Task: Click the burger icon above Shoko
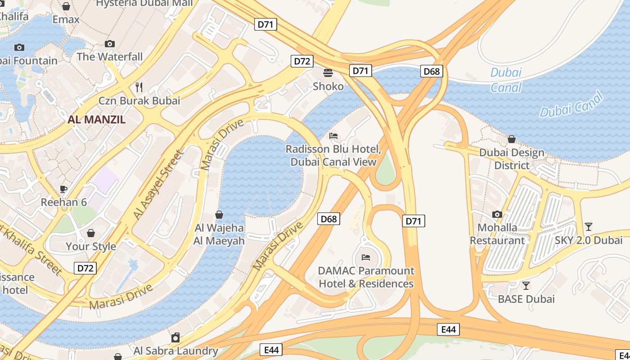pyautogui.click(x=328, y=72)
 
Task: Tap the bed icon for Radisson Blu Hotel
pyautogui.click(x=333, y=135)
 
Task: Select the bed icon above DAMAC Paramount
pyautogui.click(x=366, y=257)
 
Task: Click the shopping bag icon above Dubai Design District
pyautogui.click(x=511, y=139)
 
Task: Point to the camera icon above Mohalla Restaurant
pyautogui.click(x=497, y=214)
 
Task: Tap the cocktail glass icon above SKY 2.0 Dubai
pyautogui.click(x=588, y=226)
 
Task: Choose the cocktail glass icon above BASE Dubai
pyautogui.click(x=526, y=285)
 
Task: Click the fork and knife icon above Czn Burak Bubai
pyautogui.click(x=139, y=87)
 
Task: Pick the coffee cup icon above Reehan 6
pyautogui.click(x=63, y=189)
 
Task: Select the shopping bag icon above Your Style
pyautogui.click(x=91, y=233)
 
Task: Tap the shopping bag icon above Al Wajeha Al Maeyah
pyautogui.click(x=219, y=215)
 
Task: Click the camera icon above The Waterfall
pyautogui.click(x=109, y=44)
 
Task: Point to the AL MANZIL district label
pyautogui.click(x=97, y=120)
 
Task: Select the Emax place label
pyautogui.click(x=66, y=20)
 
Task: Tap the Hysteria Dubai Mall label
pyautogui.click(x=144, y=3)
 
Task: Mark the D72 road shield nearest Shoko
pyautogui.click(x=301, y=61)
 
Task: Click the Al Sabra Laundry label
pyautogui.click(x=175, y=351)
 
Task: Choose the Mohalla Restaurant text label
pyautogui.click(x=497, y=234)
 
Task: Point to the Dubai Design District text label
pyautogui.click(x=512, y=159)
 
